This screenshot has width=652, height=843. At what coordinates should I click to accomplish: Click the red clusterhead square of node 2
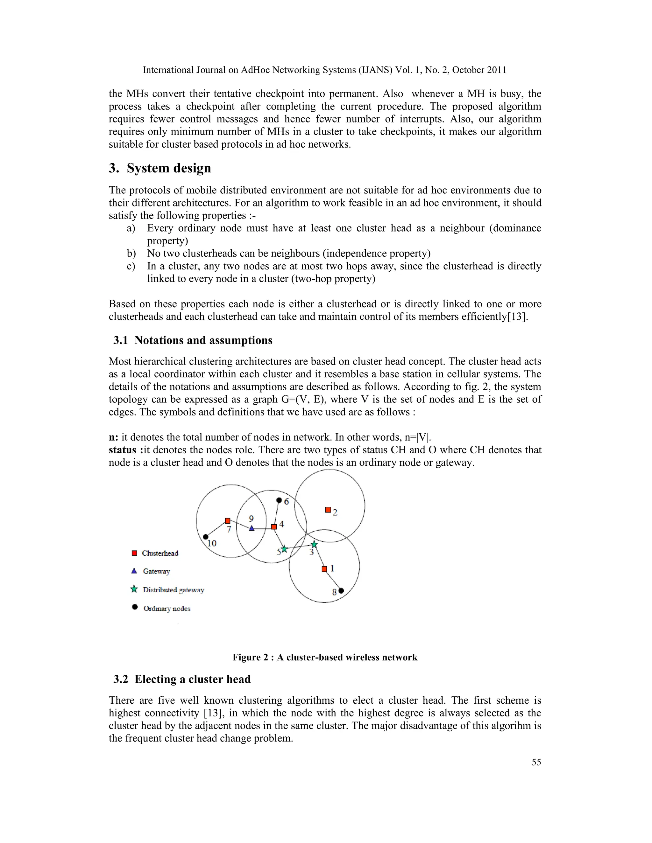[x=328, y=510]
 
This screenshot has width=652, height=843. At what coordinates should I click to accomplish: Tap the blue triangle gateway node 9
[x=252, y=528]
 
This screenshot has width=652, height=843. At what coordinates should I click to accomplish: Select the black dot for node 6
[x=279, y=500]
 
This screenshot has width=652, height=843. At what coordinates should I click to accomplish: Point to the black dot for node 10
[x=205, y=537]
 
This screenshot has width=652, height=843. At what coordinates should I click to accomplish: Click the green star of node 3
[x=314, y=544]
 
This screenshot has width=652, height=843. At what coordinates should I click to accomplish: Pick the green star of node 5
[x=284, y=548]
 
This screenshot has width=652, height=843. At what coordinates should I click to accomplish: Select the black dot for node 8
[x=341, y=590]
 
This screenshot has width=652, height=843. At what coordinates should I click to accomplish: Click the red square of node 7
[x=228, y=521]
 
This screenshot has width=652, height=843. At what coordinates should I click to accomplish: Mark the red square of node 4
[x=274, y=527]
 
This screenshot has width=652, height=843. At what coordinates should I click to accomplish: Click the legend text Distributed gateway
[x=173, y=590]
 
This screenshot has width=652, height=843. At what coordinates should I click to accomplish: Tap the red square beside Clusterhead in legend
[x=134, y=553]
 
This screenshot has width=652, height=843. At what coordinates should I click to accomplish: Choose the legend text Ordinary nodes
[x=167, y=609]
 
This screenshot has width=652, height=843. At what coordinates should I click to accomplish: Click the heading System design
[x=169, y=168]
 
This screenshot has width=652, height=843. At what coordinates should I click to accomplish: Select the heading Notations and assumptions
[x=203, y=340]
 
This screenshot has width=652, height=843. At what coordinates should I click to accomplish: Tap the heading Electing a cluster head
[x=192, y=679]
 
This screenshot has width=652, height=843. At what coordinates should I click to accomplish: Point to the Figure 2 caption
[x=325, y=657]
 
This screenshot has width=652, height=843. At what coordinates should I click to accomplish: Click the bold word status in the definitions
[x=123, y=450]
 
